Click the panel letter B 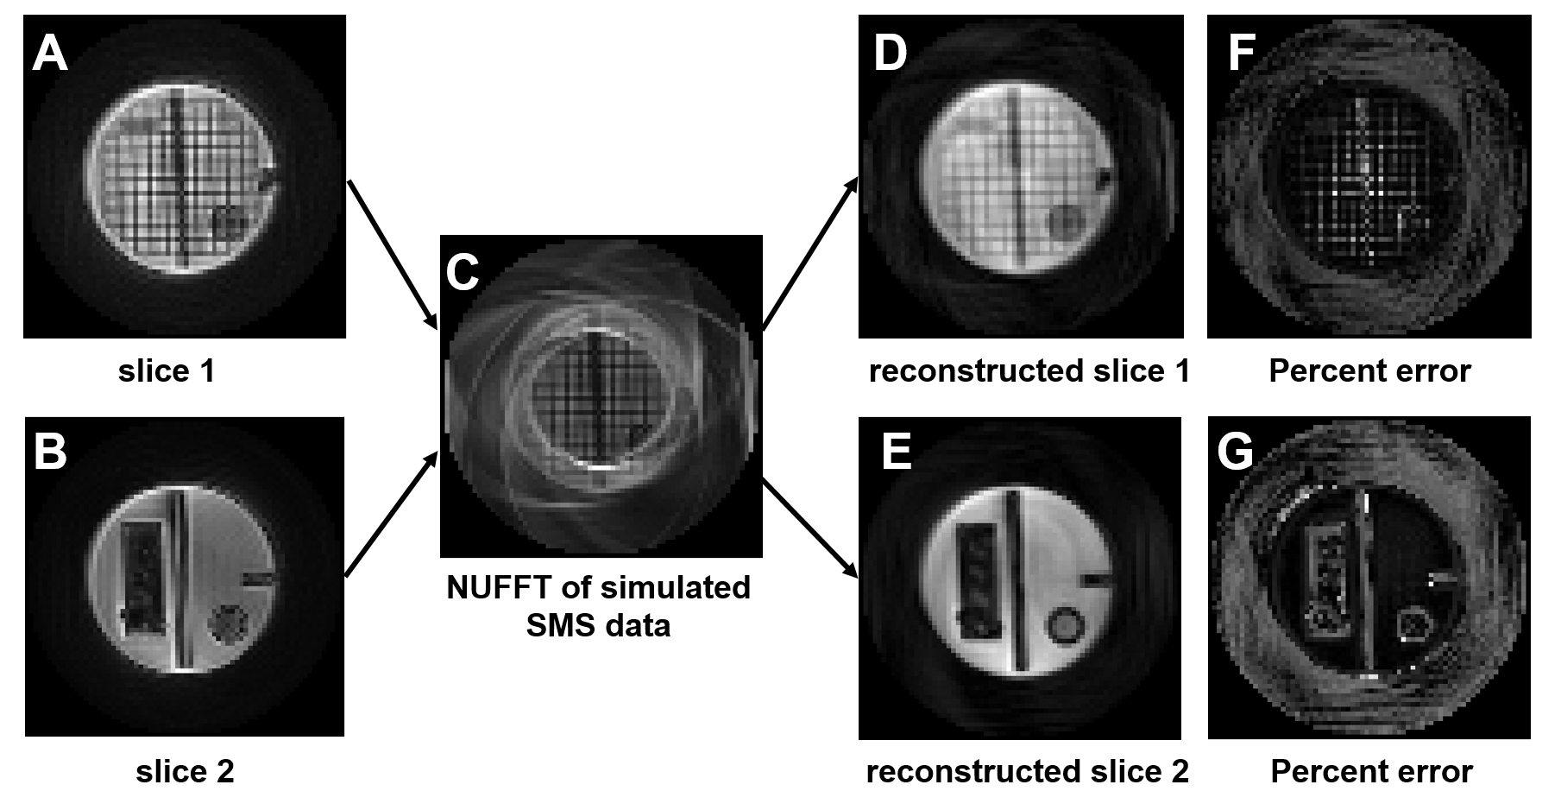click(x=49, y=452)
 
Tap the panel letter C click(x=463, y=272)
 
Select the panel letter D click(x=891, y=54)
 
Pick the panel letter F click(x=1241, y=54)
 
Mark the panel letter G click(x=1236, y=452)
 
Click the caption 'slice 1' click(x=167, y=371)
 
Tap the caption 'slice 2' click(x=185, y=771)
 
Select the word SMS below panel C click(x=557, y=625)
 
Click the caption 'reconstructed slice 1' click(x=1029, y=371)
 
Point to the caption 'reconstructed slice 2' click(x=1027, y=771)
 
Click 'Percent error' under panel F click(x=1369, y=371)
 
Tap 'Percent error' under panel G click(x=1371, y=771)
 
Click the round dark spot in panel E click(x=1064, y=623)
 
